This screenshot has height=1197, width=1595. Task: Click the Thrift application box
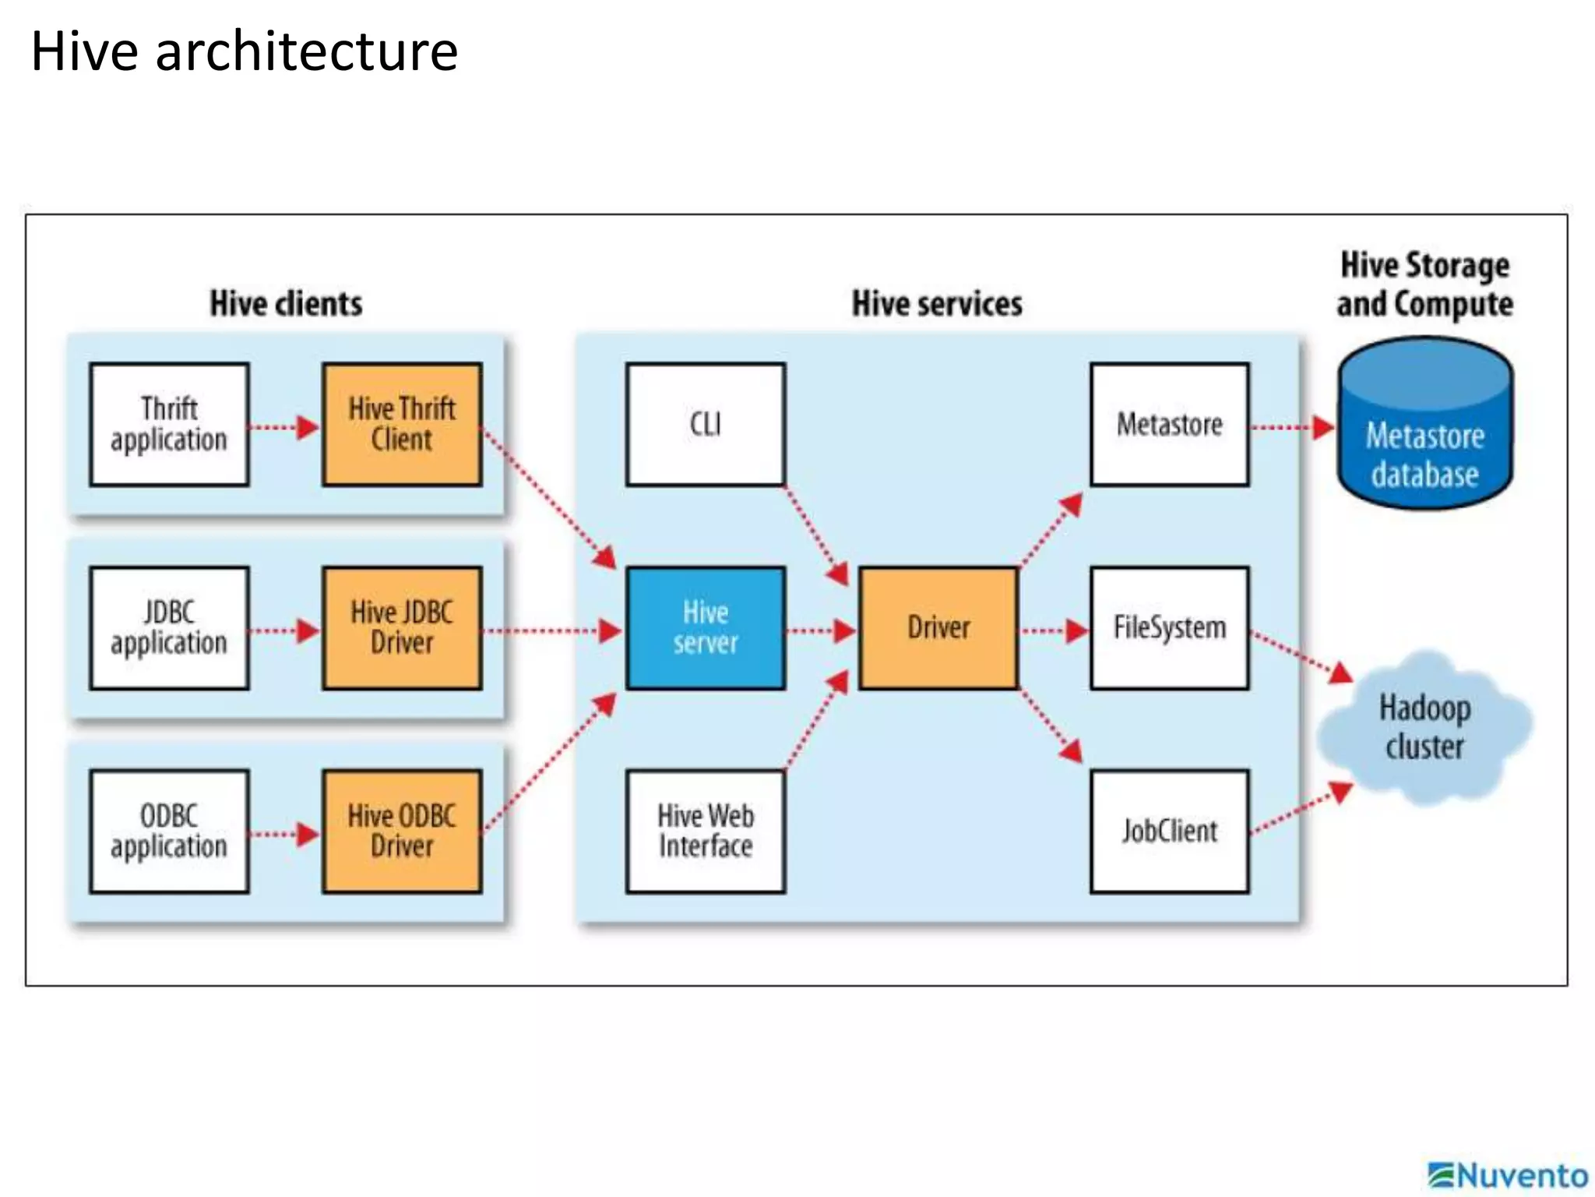tap(169, 425)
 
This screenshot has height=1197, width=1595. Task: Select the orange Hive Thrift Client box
tap(402, 425)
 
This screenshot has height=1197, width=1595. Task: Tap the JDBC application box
tap(169, 628)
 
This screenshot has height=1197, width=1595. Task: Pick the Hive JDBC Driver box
tap(402, 628)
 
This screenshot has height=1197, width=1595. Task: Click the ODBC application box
tap(169, 832)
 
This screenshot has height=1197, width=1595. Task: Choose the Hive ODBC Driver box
tap(402, 832)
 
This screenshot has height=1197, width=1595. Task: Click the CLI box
tap(706, 425)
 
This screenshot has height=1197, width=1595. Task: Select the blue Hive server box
tap(706, 628)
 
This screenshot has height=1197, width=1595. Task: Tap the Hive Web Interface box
tap(706, 832)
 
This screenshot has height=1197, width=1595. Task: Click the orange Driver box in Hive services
tap(938, 628)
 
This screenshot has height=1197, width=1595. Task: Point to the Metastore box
tap(1170, 425)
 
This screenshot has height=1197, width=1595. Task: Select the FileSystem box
tap(1170, 628)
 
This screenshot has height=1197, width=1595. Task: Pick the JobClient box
tap(1170, 832)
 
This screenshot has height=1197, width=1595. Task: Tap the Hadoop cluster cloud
tap(1425, 727)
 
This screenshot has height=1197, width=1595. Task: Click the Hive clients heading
tap(286, 304)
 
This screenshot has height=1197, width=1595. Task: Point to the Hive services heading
tap(937, 304)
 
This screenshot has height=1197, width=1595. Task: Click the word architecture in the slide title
tap(306, 51)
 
